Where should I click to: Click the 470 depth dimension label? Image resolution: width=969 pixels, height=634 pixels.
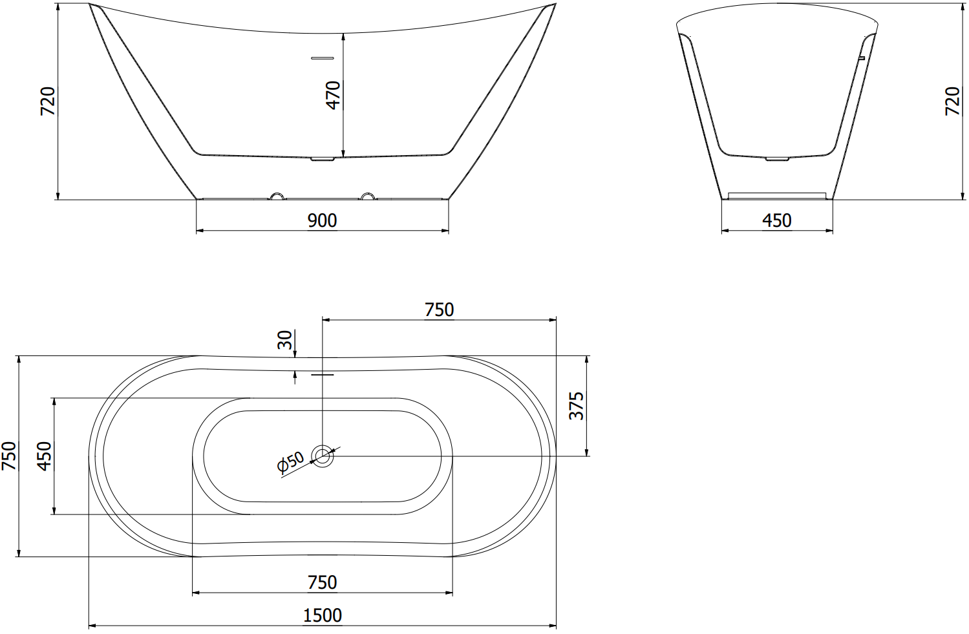pyautogui.click(x=334, y=95)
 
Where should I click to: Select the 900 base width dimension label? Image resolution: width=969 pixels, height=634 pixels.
pyautogui.click(x=323, y=220)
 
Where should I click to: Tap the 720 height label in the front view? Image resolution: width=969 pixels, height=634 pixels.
pyautogui.click(x=48, y=101)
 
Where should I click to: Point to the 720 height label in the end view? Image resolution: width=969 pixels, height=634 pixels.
pyautogui.click(x=952, y=101)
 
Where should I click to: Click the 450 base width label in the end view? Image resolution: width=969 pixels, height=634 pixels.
pyautogui.click(x=777, y=220)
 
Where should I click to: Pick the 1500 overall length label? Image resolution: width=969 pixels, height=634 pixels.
pyautogui.click(x=323, y=615)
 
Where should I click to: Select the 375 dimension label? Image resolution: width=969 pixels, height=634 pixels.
pyautogui.click(x=576, y=406)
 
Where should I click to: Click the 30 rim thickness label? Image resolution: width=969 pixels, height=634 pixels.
pyautogui.click(x=285, y=339)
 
